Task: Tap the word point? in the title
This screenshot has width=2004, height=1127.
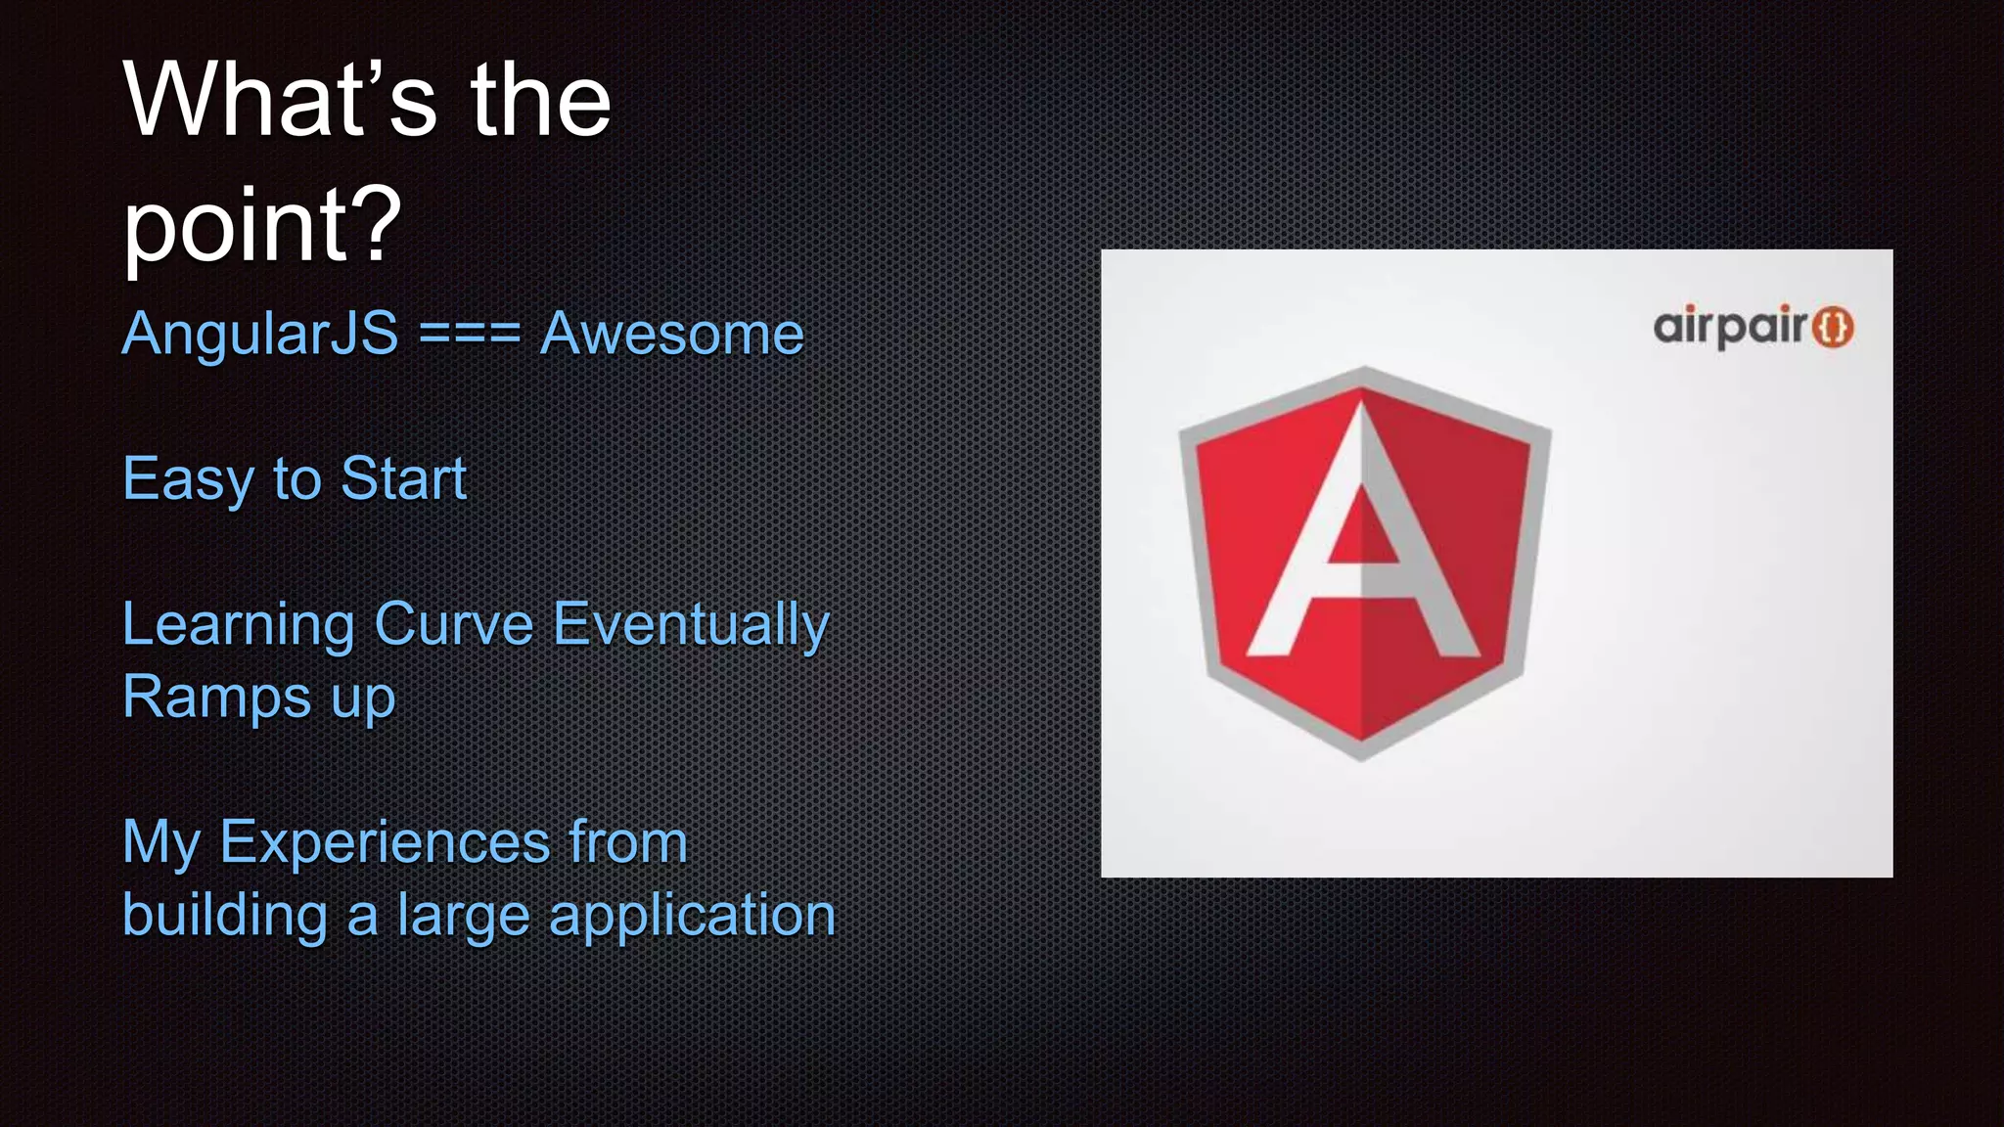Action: [x=262, y=225]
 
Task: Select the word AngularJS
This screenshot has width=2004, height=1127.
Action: [x=260, y=334]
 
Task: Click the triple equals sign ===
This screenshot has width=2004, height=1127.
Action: [x=470, y=334]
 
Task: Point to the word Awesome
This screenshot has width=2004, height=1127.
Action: [x=672, y=334]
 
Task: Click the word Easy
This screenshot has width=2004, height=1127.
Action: [x=188, y=479]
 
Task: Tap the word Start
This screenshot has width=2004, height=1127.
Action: [x=403, y=479]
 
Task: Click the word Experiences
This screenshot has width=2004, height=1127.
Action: [x=385, y=842]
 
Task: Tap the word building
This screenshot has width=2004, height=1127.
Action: [x=225, y=916]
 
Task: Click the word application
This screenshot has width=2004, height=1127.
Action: [x=692, y=916]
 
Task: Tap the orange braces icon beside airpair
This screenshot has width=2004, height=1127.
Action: [x=1833, y=327]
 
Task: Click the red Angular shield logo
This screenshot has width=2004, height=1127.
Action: [x=1363, y=563]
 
